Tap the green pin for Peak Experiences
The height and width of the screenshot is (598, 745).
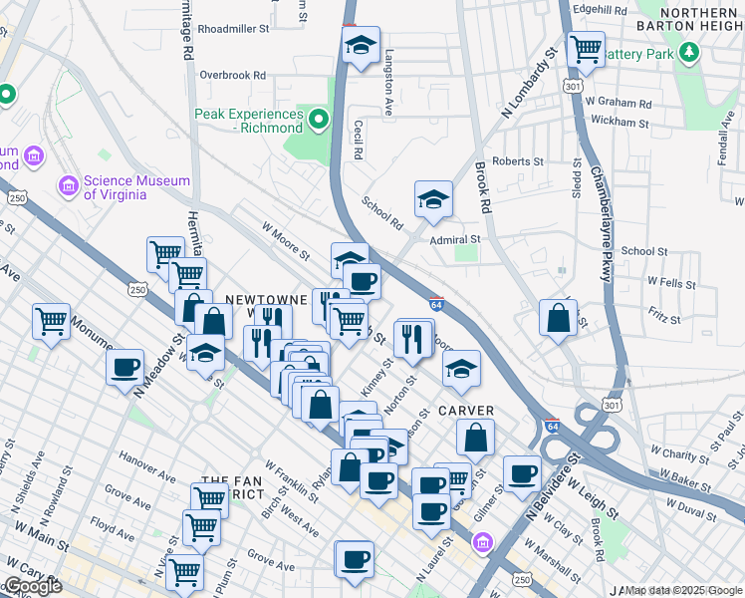pos(319,122)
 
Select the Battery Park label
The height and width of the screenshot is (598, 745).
pos(636,53)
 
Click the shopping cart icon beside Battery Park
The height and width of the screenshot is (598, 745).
pos(586,47)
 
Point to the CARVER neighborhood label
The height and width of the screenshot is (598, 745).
pos(465,411)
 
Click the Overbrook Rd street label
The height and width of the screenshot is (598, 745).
pos(232,75)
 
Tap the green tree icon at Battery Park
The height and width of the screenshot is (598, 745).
pos(688,52)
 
